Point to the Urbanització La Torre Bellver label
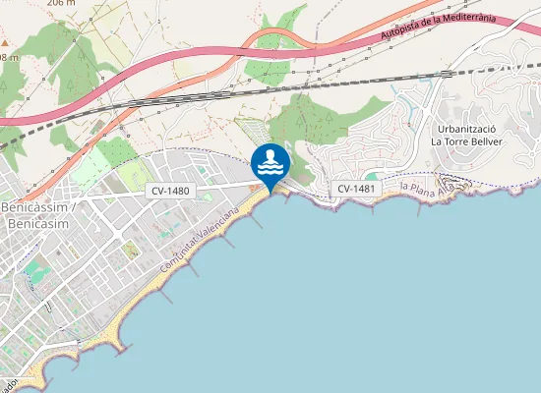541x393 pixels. click(x=467, y=136)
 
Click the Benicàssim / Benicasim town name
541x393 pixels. click(x=35, y=218)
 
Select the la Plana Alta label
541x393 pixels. click(x=436, y=186)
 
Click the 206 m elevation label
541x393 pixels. click(x=61, y=3)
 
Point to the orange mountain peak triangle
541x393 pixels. click(x=5, y=43)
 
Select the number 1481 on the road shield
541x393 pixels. click(x=361, y=188)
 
